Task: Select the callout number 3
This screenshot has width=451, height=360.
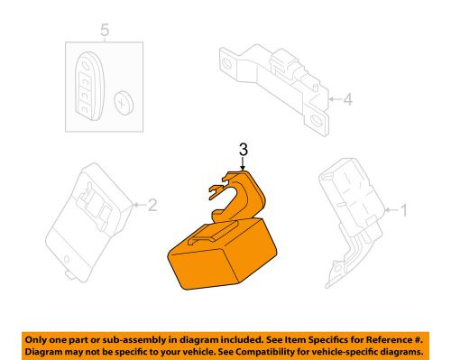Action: (x=244, y=149)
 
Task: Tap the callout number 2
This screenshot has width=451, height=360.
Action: (x=152, y=207)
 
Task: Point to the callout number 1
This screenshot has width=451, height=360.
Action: (x=404, y=211)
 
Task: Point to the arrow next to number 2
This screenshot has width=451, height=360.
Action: (x=137, y=207)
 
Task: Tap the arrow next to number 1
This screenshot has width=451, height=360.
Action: (x=390, y=211)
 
